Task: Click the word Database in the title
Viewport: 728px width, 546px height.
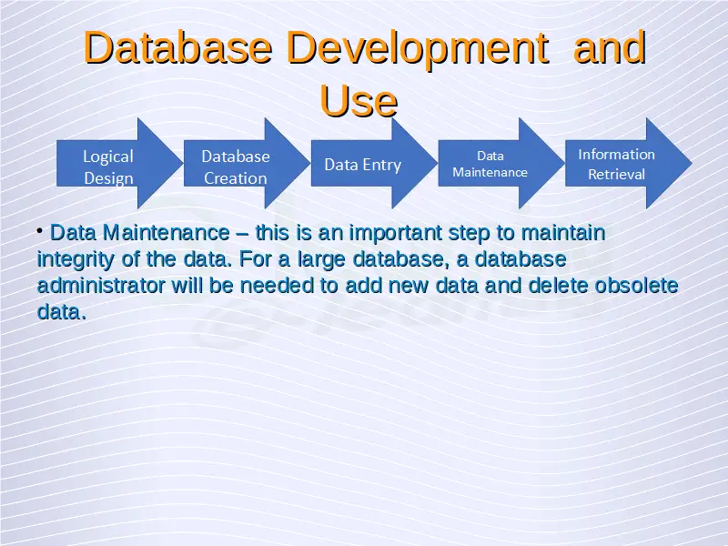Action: (x=177, y=48)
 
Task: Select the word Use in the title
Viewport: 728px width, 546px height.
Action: (x=359, y=101)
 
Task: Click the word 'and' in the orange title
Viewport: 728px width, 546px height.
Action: (x=610, y=48)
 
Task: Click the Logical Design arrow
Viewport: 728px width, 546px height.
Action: (x=120, y=164)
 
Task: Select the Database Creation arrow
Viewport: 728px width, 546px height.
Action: (x=247, y=164)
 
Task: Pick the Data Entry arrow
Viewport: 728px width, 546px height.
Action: (x=374, y=164)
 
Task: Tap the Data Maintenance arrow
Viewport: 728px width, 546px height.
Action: (x=501, y=164)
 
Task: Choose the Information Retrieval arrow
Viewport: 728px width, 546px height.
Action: (x=629, y=164)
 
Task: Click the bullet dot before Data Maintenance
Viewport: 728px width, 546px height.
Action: (x=40, y=230)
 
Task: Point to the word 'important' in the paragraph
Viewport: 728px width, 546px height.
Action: (x=396, y=234)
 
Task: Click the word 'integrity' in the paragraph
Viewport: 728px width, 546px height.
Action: (x=76, y=260)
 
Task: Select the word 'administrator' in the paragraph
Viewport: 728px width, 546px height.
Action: (x=101, y=286)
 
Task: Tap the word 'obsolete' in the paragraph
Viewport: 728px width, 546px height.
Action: (x=636, y=286)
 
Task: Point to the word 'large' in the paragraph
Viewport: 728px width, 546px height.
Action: (x=321, y=260)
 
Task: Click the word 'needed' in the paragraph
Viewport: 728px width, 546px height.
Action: (x=277, y=286)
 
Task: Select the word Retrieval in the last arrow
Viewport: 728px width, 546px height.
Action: (x=617, y=175)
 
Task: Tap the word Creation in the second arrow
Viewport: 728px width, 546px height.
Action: (x=236, y=178)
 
